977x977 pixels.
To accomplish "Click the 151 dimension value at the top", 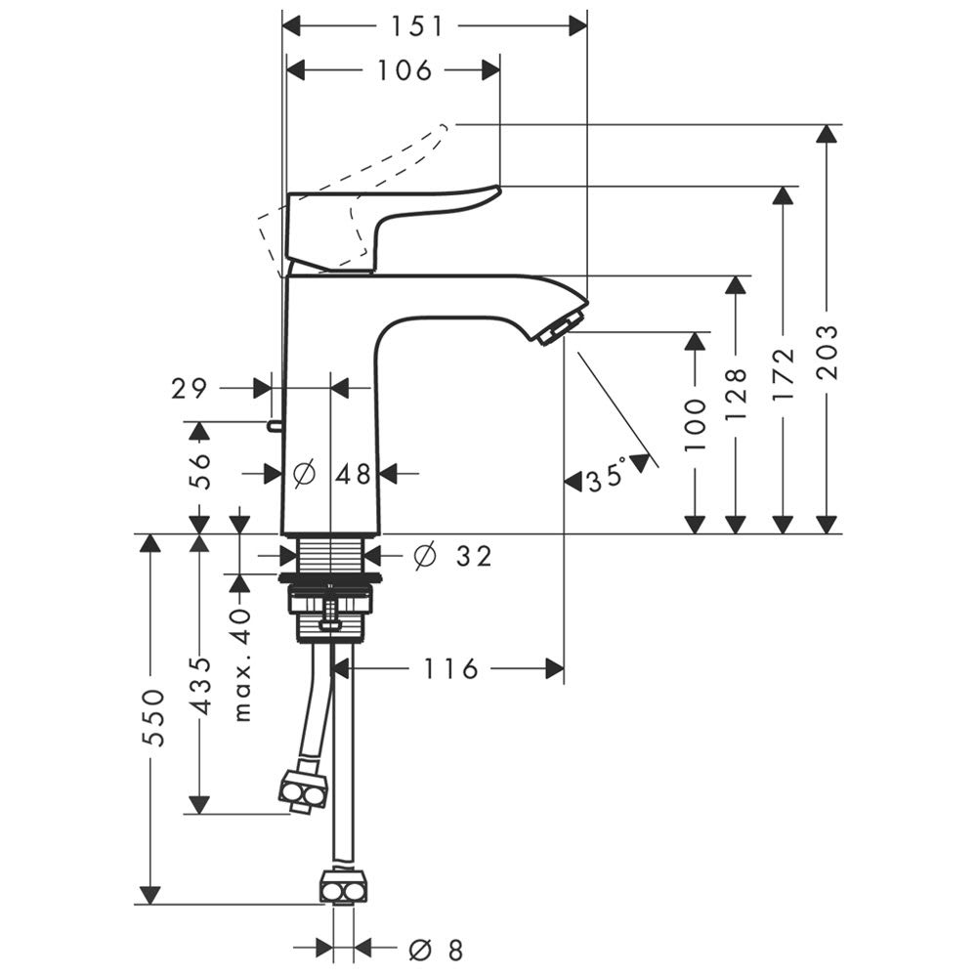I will point(418,27).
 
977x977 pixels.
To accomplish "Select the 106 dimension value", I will point(403,70).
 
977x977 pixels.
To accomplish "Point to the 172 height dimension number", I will point(782,378).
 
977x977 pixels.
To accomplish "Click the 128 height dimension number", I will point(737,394).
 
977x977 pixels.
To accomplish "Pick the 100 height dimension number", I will point(695,424).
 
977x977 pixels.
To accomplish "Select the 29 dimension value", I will point(190,389).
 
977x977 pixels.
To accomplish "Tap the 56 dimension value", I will point(199,471).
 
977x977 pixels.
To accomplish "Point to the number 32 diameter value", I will point(473,557).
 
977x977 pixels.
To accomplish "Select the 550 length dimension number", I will point(150,717).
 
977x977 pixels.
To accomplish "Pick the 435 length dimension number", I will point(199,685).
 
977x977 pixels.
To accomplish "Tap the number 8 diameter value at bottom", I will point(452,949).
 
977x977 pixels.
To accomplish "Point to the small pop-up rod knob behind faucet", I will point(274,424).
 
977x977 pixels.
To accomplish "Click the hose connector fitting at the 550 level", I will point(343,890).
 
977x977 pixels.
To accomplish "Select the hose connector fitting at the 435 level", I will point(303,793).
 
